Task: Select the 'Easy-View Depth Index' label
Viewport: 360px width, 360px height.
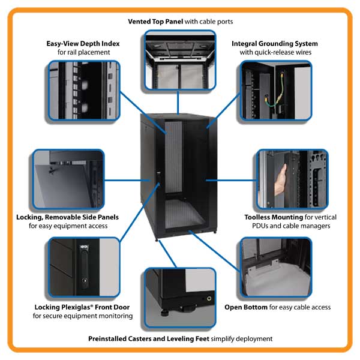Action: [x=83, y=44]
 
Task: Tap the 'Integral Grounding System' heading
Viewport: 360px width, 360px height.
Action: [x=274, y=44]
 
